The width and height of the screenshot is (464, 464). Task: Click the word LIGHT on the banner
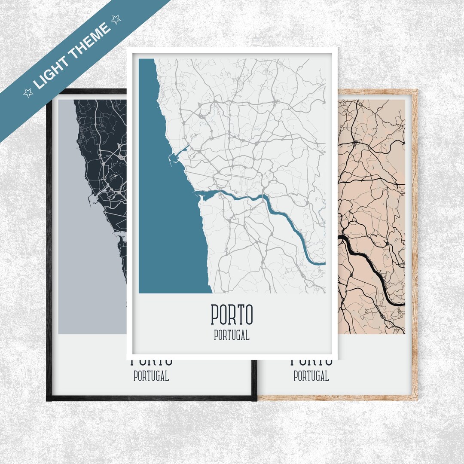click(x=52, y=71)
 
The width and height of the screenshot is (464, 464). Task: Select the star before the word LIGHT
click(x=28, y=93)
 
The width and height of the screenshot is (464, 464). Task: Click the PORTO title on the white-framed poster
click(x=232, y=315)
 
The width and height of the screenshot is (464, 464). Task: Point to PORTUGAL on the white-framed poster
click(x=232, y=336)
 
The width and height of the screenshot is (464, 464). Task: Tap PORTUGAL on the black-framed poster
click(x=151, y=376)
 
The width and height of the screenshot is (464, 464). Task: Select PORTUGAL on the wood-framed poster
click(x=311, y=376)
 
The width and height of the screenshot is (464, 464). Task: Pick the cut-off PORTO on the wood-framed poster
click(x=311, y=363)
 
